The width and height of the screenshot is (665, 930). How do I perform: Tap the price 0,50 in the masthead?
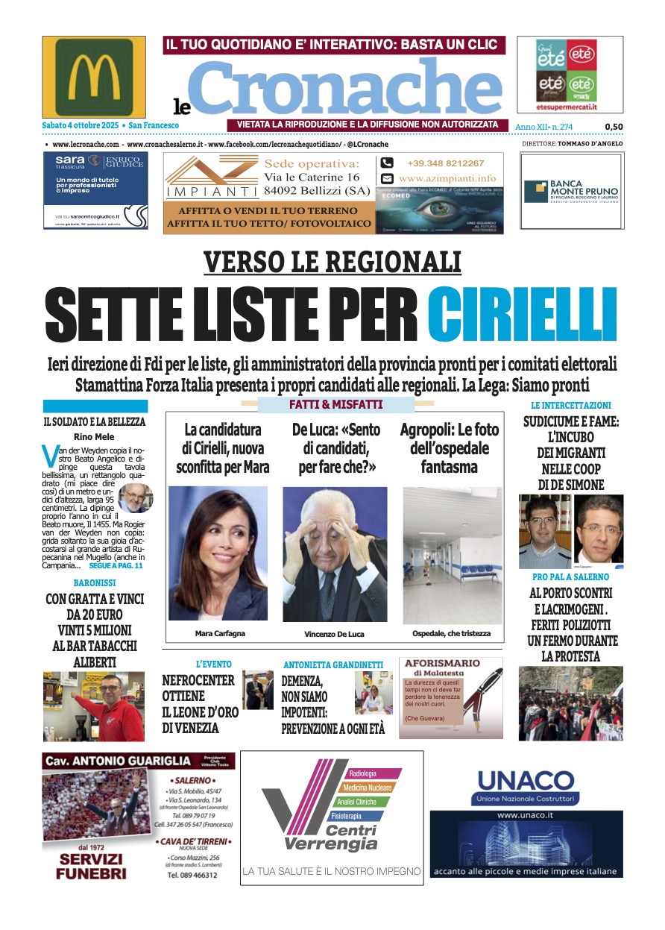coord(614,127)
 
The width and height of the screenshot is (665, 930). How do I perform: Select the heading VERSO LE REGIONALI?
coord(332,262)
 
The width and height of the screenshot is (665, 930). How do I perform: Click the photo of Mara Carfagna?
coord(218,553)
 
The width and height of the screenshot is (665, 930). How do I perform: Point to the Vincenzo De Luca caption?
coord(335,634)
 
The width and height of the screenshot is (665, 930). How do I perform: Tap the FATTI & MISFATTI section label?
coord(335,404)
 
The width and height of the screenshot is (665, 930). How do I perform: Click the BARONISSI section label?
coord(94,582)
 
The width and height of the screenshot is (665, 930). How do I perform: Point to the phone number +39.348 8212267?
coord(445,163)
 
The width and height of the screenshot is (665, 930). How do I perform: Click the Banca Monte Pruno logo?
coord(571,192)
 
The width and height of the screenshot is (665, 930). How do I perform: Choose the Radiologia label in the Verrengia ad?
coord(363,773)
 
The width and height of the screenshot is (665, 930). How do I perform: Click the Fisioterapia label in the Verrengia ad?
coord(350,815)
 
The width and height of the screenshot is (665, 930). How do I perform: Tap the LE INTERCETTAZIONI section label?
coord(570,405)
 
